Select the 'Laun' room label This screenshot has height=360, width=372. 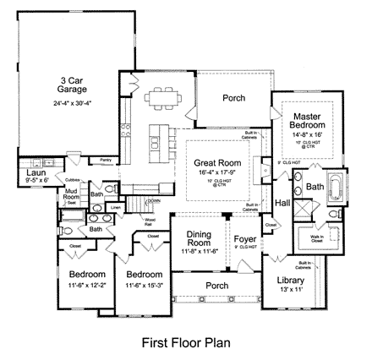point(23,172)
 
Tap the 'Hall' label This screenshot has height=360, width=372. point(282,202)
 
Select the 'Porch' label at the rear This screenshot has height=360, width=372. point(233,99)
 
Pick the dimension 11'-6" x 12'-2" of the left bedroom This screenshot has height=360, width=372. point(87,285)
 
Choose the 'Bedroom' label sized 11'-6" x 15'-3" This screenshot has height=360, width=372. point(144,275)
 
